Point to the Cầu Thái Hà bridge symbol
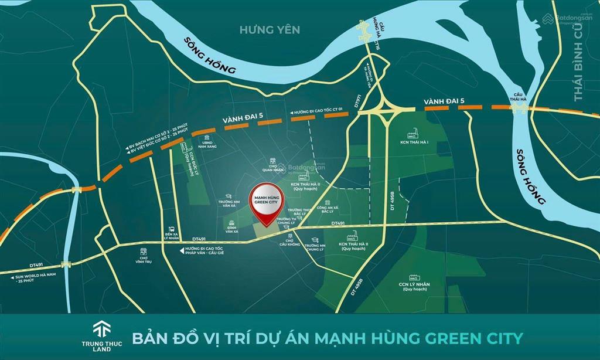click(519, 110)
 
